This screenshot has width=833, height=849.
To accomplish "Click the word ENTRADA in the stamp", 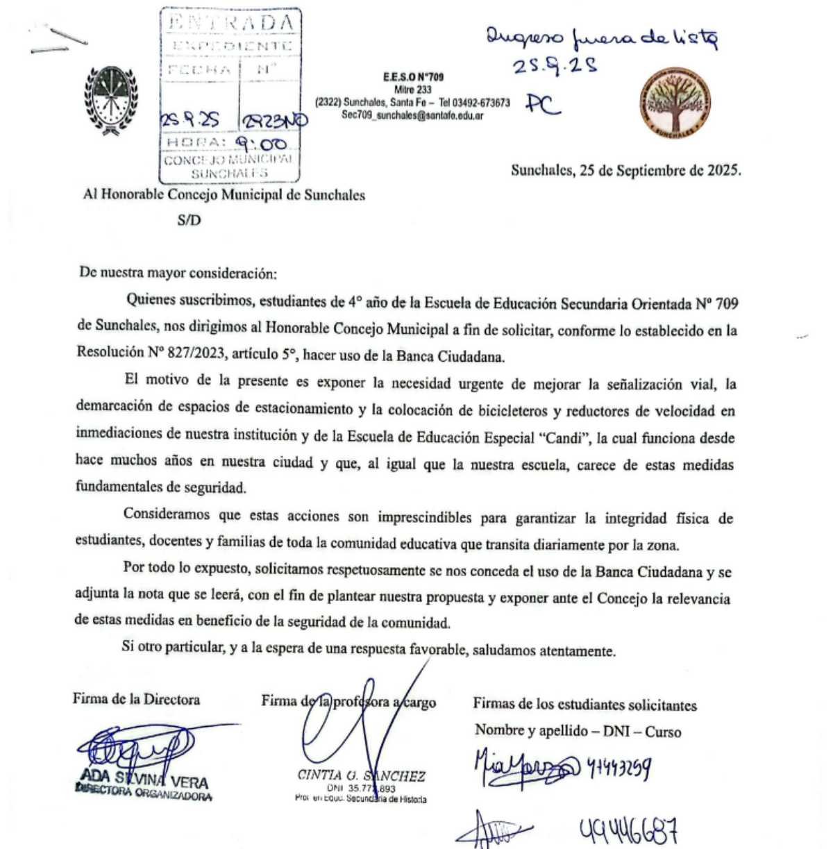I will (x=230, y=22).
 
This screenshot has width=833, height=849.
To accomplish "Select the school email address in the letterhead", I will (x=412, y=115).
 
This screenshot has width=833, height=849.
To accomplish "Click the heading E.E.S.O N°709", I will (x=413, y=78).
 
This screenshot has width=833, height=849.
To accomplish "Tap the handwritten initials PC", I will (x=542, y=104).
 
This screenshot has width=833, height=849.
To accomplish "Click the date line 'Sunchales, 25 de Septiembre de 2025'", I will (x=625, y=170).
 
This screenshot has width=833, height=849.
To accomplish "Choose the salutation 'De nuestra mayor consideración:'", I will (x=178, y=273).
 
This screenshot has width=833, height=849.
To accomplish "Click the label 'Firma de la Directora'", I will (x=136, y=699).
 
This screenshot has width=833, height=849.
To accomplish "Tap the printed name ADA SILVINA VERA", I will (x=144, y=781).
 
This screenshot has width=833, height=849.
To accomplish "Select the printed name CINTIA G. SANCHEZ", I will (x=361, y=776).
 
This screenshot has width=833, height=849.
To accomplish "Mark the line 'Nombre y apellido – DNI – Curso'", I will (x=578, y=731).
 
